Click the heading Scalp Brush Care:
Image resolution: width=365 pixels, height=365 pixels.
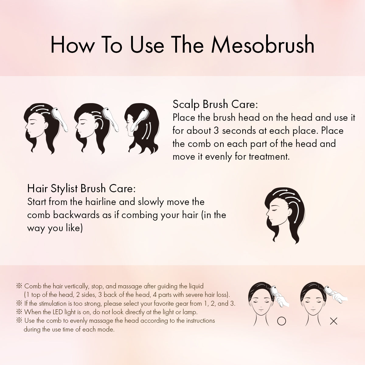(x=215, y=105)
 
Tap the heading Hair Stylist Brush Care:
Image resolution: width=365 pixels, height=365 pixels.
(x=82, y=189)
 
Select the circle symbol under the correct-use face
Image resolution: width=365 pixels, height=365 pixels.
(x=281, y=321)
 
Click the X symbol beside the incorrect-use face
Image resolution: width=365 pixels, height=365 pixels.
(x=334, y=321)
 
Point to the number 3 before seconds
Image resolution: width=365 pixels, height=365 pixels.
(x=216, y=131)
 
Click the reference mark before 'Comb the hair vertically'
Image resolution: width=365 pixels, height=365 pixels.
(x=19, y=286)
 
